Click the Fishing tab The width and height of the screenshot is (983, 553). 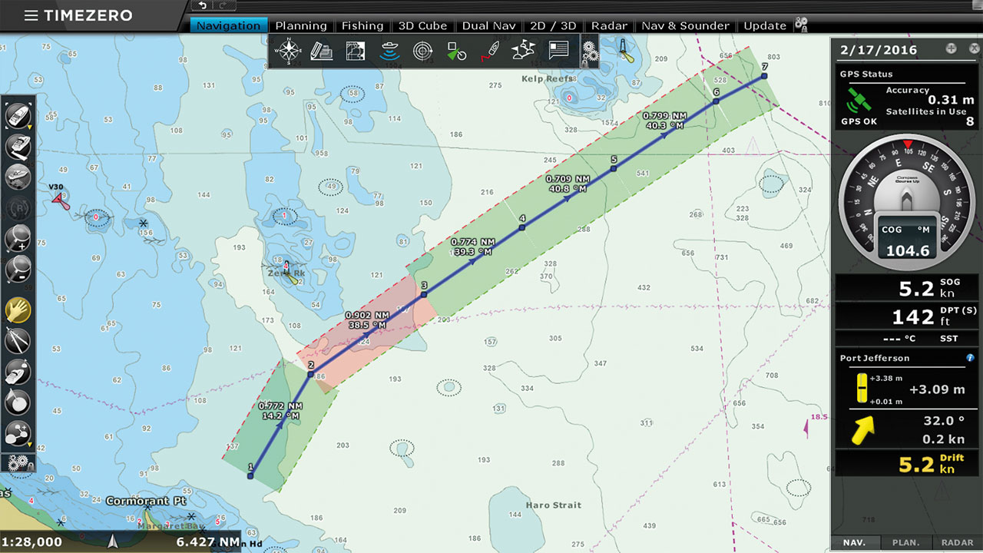[x=362, y=25]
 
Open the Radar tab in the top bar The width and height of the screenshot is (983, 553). [x=609, y=25]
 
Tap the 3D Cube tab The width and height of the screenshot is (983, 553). [x=422, y=25]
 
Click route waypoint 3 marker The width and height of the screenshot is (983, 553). [x=424, y=293]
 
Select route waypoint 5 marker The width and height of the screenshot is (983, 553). [x=614, y=168]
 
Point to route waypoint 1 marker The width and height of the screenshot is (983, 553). [x=250, y=476]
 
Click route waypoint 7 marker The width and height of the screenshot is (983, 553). [x=764, y=76]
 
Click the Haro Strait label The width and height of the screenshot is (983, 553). [x=554, y=505]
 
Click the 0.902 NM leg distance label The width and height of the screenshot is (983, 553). [x=367, y=315]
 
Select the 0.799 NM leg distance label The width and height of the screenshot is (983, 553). [x=665, y=115]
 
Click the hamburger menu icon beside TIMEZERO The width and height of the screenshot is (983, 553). [x=31, y=15]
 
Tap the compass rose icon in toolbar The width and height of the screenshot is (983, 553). [x=290, y=51]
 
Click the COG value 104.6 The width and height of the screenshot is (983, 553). [x=908, y=250]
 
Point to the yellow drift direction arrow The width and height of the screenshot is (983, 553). [x=862, y=430]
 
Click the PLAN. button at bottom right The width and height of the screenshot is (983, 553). [x=906, y=542]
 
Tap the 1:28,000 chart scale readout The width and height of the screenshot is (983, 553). [x=31, y=541]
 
